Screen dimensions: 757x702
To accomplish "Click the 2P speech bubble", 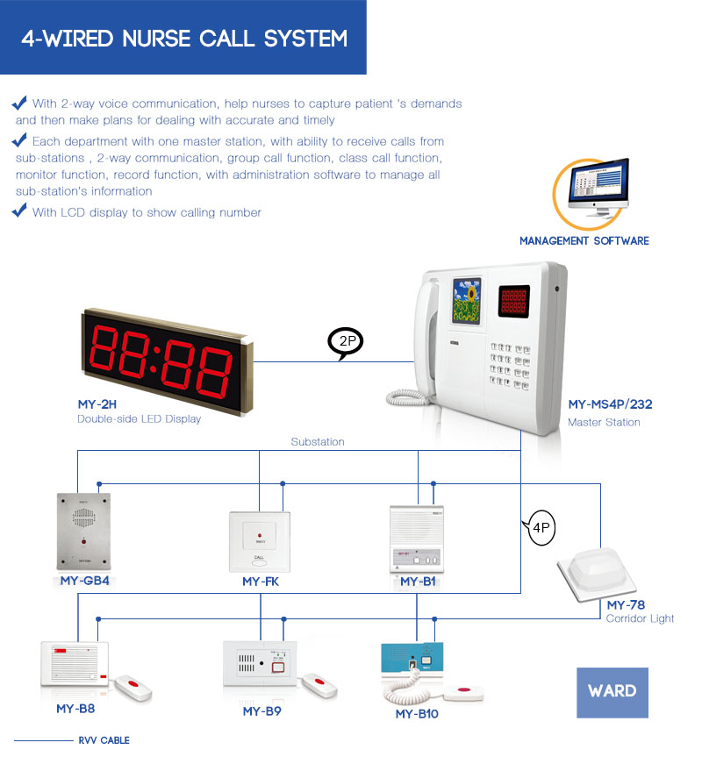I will click(x=346, y=342).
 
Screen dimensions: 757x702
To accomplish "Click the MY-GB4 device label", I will click(x=84, y=581).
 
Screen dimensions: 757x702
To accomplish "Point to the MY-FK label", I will click(x=261, y=582).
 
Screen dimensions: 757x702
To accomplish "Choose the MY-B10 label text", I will click(x=417, y=714).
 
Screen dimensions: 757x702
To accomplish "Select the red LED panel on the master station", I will click(x=515, y=301).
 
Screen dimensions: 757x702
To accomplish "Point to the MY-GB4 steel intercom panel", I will click(x=82, y=531).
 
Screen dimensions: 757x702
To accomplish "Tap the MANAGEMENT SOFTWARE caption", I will click(x=584, y=240).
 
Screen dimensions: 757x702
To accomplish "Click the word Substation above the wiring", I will click(x=318, y=442).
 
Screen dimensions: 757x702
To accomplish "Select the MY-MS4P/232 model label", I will click(x=610, y=404).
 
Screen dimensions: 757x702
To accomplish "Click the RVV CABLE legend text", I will click(x=104, y=740).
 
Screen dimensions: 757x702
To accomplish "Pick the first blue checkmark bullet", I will click(x=19, y=103).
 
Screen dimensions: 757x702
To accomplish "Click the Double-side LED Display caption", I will click(x=140, y=419).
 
